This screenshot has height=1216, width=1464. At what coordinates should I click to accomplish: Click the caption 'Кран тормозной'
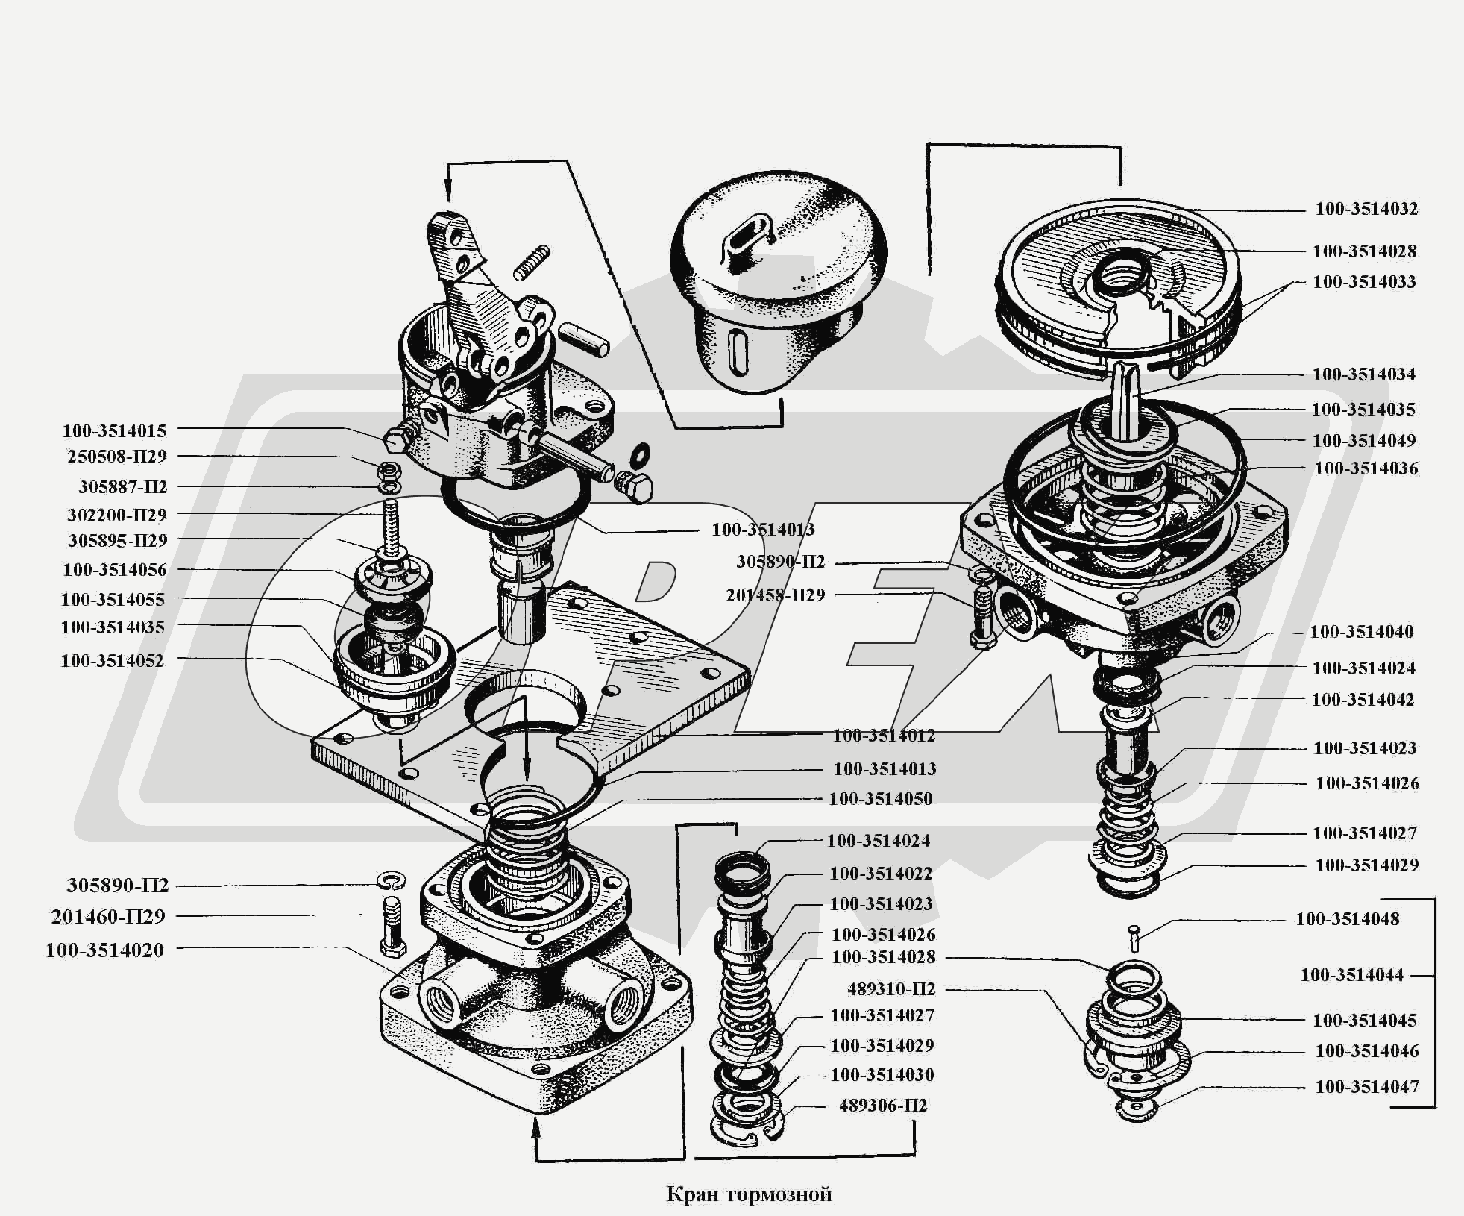[x=749, y=1194]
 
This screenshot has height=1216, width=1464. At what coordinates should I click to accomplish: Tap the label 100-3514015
[x=114, y=430]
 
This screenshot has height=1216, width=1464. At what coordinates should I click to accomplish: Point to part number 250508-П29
[x=117, y=456]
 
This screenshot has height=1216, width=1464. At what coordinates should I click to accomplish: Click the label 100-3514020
[x=104, y=950]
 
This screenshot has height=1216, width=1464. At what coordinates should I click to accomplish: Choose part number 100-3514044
[x=1352, y=974]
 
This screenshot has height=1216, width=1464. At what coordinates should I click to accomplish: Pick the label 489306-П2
[x=883, y=1105]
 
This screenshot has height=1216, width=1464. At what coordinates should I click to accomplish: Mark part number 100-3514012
[x=884, y=735]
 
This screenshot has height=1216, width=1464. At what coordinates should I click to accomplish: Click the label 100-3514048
[x=1348, y=918]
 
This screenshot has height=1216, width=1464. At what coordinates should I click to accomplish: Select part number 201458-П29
[x=776, y=595]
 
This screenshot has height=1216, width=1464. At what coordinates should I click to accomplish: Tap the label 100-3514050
[x=881, y=798]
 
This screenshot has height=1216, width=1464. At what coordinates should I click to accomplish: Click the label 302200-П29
[x=117, y=514]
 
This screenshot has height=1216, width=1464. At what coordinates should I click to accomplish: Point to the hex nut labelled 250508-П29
[x=387, y=470]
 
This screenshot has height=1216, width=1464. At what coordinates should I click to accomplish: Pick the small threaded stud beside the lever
[x=532, y=263]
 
